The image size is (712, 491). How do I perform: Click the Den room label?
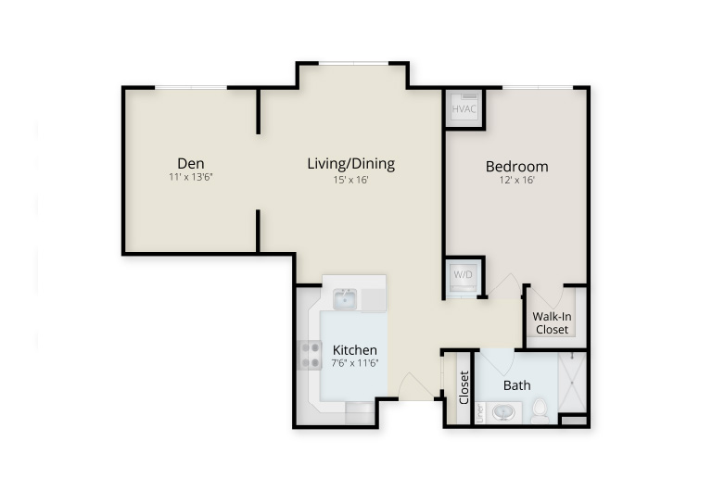[x=191, y=163]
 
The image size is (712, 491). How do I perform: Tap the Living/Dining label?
[x=351, y=163]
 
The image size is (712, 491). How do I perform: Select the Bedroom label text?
[x=516, y=167]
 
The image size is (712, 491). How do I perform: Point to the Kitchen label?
[x=355, y=350]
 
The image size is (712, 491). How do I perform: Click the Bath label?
[x=516, y=385]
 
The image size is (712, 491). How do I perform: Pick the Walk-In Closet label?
[x=552, y=322]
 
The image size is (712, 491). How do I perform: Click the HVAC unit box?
[x=464, y=109]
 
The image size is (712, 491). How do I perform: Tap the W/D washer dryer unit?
[x=464, y=277]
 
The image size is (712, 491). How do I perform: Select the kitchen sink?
[x=345, y=299]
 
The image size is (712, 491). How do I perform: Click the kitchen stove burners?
[x=311, y=355]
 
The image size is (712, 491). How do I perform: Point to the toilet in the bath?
[x=540, y=411]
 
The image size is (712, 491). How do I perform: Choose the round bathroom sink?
[x=503, y=413]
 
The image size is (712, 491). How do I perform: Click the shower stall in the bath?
[x=572, y=382]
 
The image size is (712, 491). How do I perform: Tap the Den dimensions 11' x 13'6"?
[x=191, y=177]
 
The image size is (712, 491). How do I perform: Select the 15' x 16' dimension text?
[x=350, y=180]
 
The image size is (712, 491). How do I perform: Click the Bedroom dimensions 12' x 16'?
[x=516, y=180]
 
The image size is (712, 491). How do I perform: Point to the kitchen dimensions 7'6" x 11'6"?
[x=355, y=363]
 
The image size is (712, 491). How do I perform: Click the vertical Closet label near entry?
[x=464, y=387]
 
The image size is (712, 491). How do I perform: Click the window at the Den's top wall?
[x=191, y=87]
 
